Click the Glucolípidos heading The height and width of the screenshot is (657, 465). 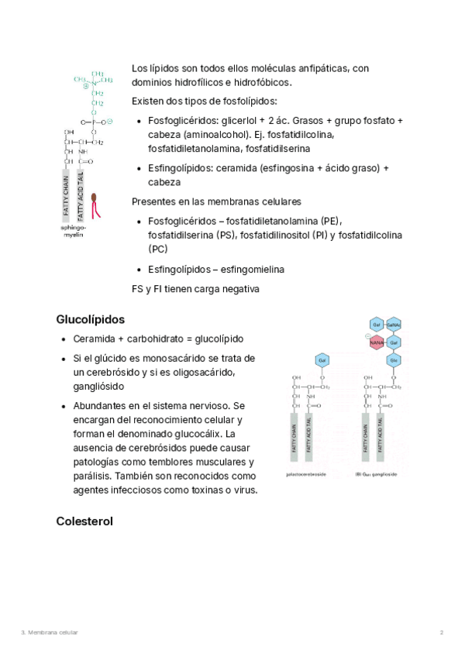pyautogui.click(x=91, y=319)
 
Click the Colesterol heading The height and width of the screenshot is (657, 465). pyautogui.click(x=84, y=521)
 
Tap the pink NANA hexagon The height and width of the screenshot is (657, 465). pyautogui.click(x=377, y=342)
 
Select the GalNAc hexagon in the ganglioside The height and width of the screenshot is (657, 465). pyautogui.click(x=393, y=324)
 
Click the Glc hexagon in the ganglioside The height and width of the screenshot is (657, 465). pyautogui.click(x=393, y=359)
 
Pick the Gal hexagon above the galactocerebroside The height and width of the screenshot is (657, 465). pyautogui.click(x=321, y=359)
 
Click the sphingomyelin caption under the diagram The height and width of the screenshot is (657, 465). pyautogui.click(x=75, y=231)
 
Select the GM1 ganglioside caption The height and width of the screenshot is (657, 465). pyautogui.click(x=377, y=474)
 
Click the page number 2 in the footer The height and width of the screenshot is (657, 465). pyautogui.click(x=442, y=633)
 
